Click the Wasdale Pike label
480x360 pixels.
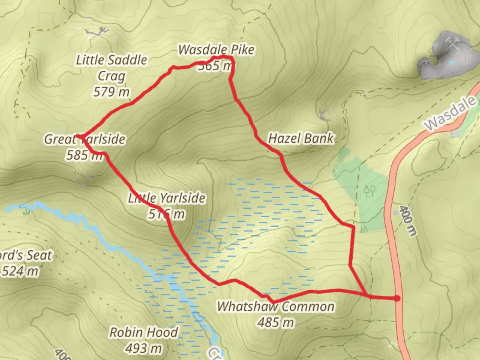(216, 50)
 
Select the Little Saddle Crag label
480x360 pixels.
(111, 68)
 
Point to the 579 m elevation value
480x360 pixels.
(111, 92)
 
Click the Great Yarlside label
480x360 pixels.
(85, 139)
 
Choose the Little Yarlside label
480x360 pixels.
(167, 198)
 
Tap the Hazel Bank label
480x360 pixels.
(301, 138)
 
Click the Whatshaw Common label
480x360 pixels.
(276, 306)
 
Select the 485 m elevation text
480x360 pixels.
(276, 322)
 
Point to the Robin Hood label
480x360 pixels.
(144, 332)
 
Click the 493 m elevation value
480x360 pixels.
(144, 348)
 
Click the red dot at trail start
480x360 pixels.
(397, 298)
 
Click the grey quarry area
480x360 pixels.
(443, 57)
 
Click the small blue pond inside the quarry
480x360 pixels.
(451, 62)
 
